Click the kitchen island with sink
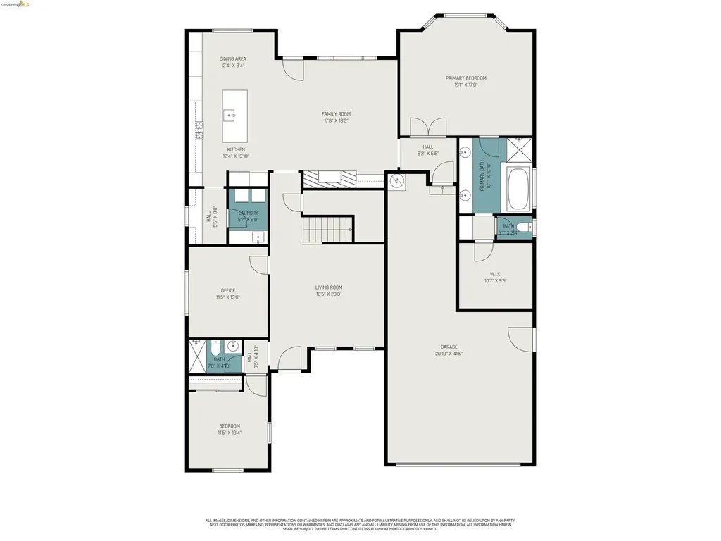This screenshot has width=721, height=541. tap(235, 116)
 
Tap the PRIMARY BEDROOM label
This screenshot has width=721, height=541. tap(465, 78)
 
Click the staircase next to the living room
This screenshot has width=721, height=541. tap(327, 229)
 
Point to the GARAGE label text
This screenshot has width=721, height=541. tap(449, 347)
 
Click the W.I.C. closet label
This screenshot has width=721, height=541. tap(495, 274)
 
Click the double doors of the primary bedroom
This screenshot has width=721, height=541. tap(427, 128)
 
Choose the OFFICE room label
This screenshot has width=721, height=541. tap(227, 290)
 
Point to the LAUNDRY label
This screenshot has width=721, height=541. tap(248, 213)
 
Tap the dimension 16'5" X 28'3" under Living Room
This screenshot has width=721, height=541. tap(328, 294)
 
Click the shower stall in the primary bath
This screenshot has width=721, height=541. tap(520, 148)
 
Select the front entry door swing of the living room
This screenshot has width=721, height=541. tap(289, 359)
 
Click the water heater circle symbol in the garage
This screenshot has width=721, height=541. tap(397, 182)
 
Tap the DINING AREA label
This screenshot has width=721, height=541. tap(232, 58)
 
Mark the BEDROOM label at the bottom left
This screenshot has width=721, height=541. tap(229, 425)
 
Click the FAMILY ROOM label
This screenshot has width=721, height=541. tap(336, 113)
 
